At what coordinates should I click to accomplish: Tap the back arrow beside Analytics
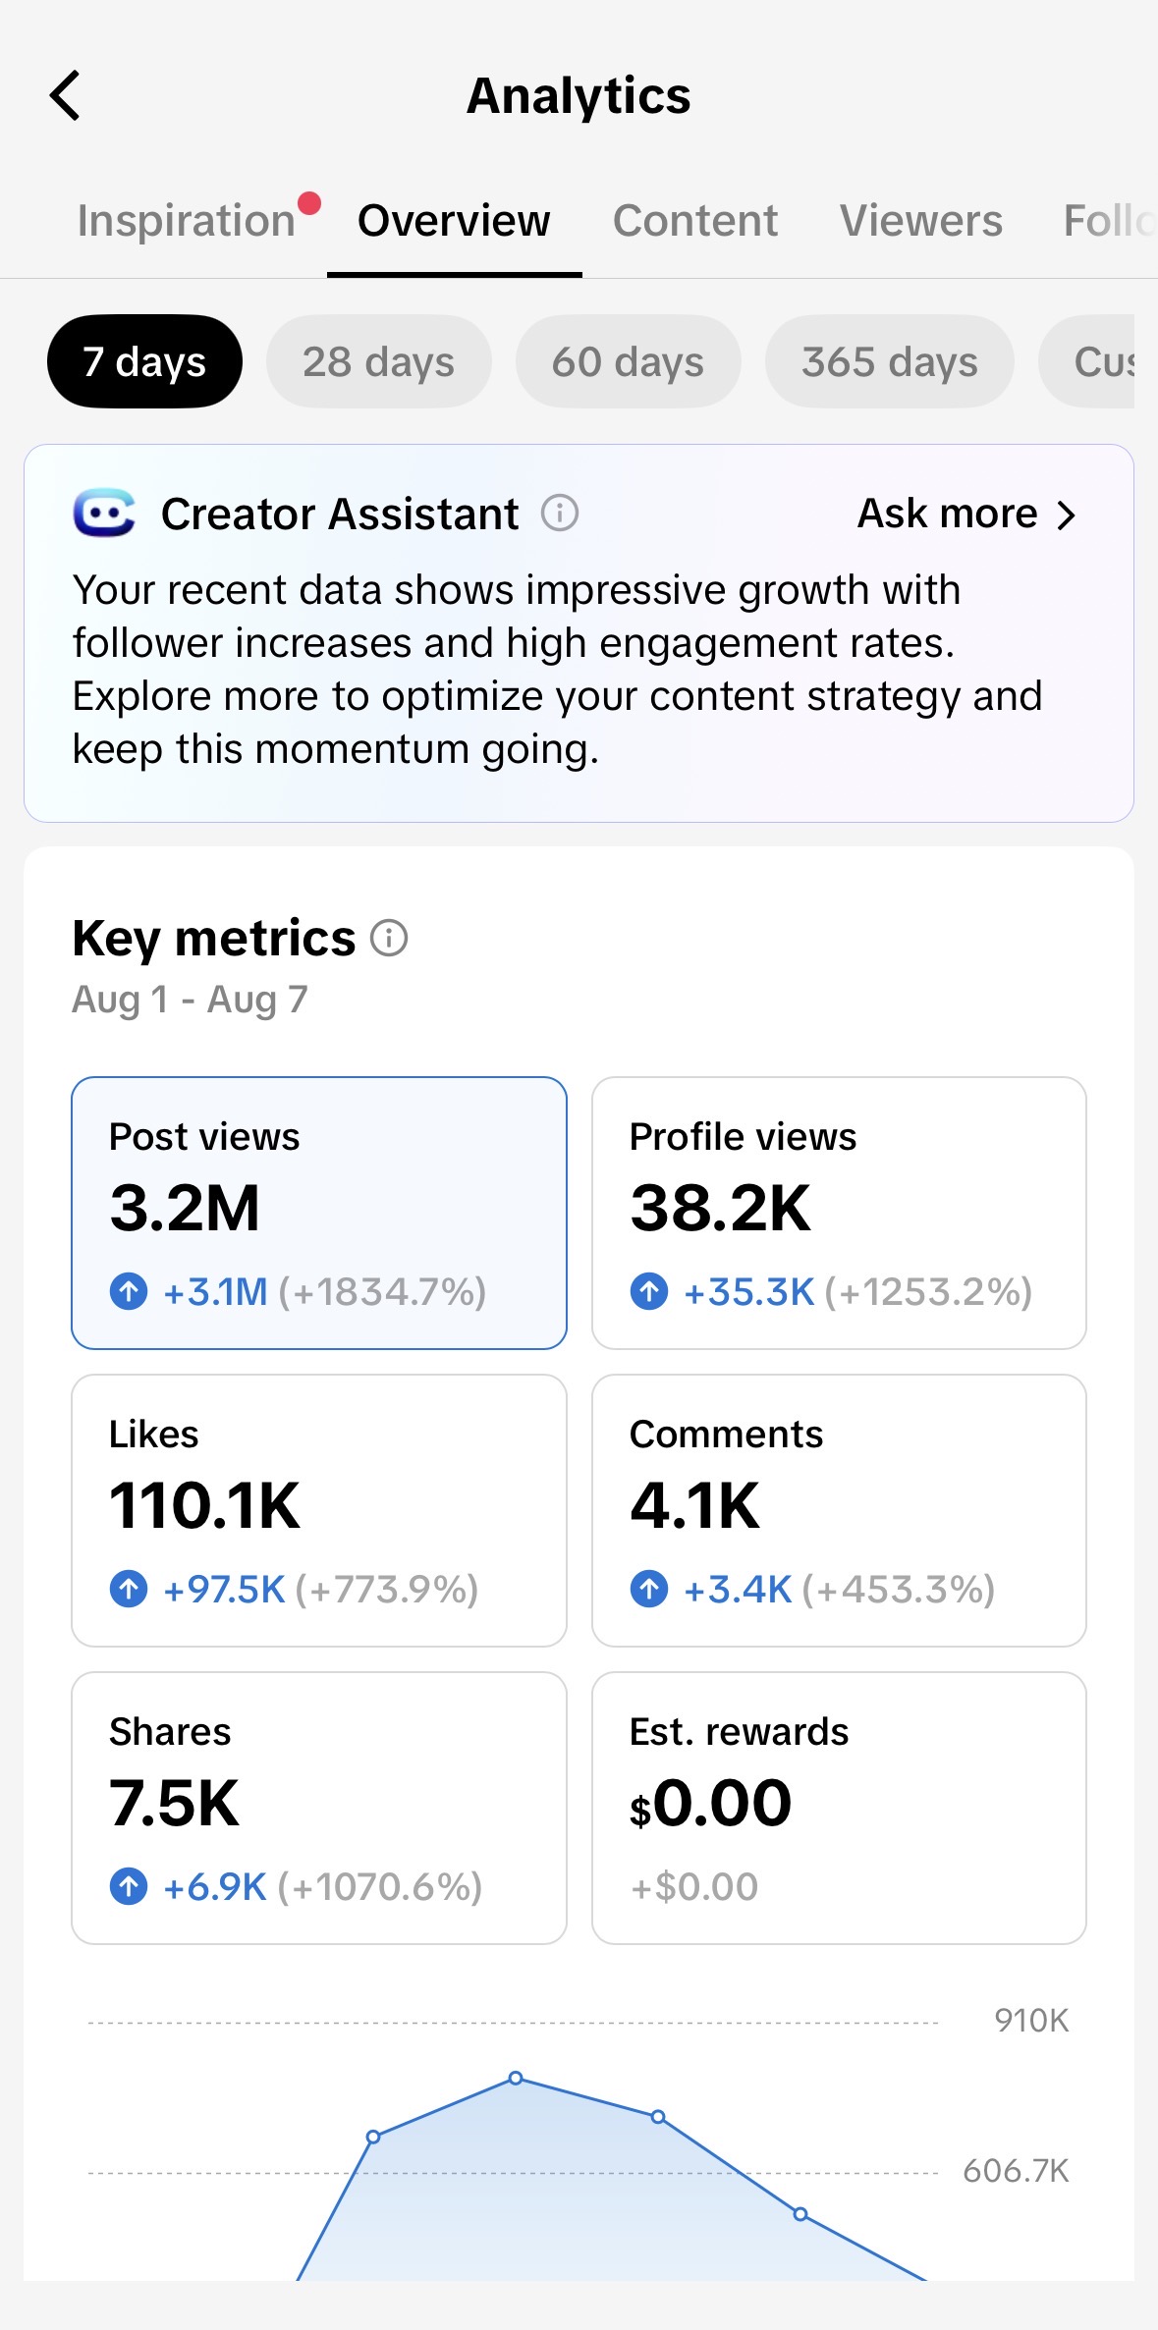(x=65, y=95)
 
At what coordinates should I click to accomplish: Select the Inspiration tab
(x=187, y=220)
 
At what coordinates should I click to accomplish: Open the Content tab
(x=695, y=220)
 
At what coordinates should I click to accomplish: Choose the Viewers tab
(x=921, y=220)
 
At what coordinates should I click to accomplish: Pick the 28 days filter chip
(x=378, y=361)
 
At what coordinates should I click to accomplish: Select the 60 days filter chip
(x=628, y=361)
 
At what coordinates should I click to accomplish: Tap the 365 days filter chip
(x=890, y=361)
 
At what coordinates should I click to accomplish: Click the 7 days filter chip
(x=144, y=361)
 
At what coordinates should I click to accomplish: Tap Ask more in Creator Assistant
(x=967, y=514)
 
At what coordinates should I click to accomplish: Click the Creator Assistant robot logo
(x=104, y=513)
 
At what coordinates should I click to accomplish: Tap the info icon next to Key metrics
(x=389, y=938)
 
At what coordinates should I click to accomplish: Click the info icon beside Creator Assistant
(x=560, y=513)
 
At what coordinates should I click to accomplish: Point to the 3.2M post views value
(x=185, y=1208)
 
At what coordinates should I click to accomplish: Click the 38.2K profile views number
(x=720, y=1208)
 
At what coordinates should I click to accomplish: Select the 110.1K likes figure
(x=204, y=1505)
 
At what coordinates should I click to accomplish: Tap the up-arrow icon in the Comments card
(x=649, y=1589)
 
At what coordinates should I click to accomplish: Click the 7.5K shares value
(x=174, y=1803)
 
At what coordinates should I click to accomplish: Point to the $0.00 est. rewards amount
(x=710, y=1803)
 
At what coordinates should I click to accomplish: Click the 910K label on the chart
(x=1031, y=2020)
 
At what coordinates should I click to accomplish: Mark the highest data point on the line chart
(x=516, y=2078)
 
